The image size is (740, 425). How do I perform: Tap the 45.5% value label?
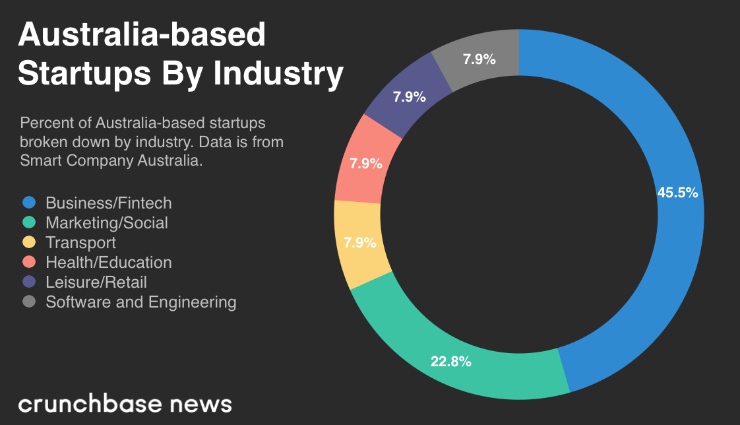click(677, 193)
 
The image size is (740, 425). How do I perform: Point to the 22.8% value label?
click(451, 361)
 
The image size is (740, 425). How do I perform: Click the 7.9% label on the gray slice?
click(479, 59)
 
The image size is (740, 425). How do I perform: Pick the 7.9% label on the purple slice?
click(409, 97)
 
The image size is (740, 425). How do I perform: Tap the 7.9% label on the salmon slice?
click(365, 164)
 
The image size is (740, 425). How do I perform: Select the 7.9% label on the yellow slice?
click(359, 242)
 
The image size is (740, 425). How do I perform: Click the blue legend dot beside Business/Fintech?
click(28, 203)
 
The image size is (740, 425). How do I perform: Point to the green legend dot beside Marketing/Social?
click(28, 222)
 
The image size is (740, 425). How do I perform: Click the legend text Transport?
click(80, 242)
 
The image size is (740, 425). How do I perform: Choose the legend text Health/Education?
click(108, 262)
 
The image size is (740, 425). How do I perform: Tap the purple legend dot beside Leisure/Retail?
click(28, 282)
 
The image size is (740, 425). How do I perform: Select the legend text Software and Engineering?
click(140, 302)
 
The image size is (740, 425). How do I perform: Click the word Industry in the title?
click(278, 74)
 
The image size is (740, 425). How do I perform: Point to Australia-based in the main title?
click(142, 34)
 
